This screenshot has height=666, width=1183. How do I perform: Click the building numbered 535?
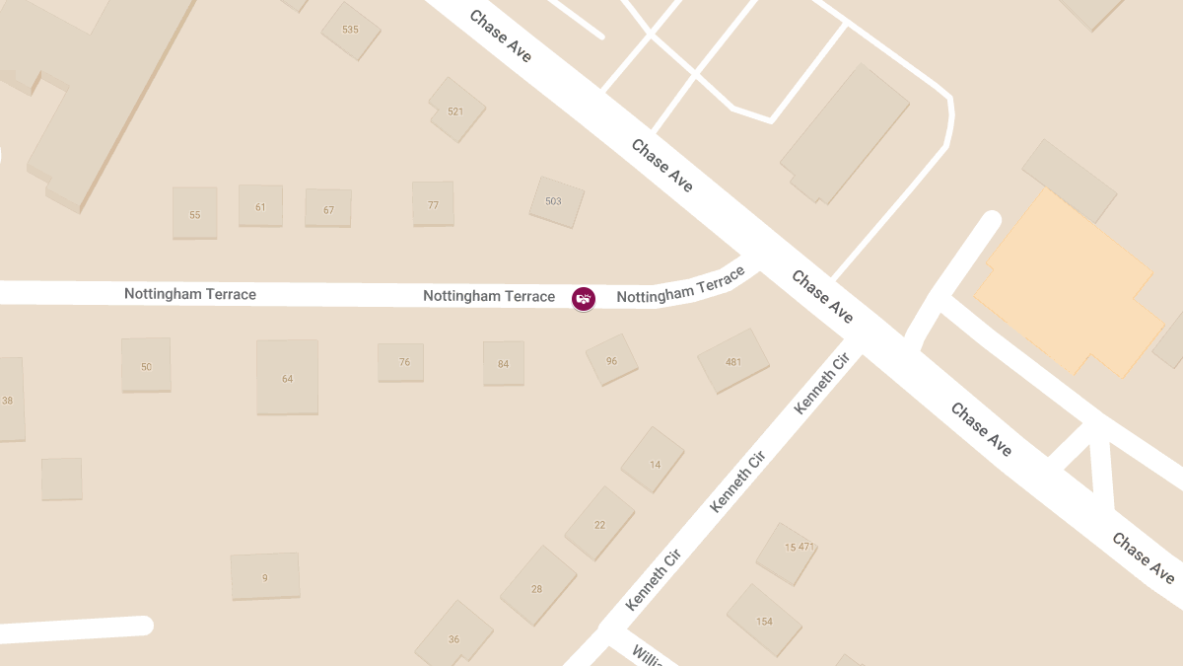(350, 30)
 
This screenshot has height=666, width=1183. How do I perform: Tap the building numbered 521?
(455, 111)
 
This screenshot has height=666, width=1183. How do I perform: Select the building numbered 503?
(556, 201)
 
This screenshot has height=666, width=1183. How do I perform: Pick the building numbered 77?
(433, 204)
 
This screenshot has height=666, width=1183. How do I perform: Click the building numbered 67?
(328, 209)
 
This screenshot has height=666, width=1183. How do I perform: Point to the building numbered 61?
(260, 206)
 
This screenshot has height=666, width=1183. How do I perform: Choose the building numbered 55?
(195, 213)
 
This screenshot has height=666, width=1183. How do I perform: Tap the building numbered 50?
(146, 365)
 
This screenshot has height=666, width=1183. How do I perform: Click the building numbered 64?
(287, 377)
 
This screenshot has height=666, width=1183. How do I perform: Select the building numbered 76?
(401, 362)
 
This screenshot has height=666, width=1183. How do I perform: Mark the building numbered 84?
(503, 363)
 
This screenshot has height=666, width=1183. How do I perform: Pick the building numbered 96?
(611, 360)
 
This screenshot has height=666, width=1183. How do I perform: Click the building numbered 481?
(732, 361)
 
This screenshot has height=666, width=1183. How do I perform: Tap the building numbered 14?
(654, 462)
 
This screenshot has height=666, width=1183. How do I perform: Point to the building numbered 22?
(598, 523)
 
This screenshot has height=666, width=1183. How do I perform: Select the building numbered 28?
(537, 588)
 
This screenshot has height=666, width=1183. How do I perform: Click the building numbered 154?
(764, 620)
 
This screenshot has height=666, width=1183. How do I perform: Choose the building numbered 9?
(264, 576)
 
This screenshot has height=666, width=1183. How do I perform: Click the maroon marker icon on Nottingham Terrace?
(584, 297)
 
